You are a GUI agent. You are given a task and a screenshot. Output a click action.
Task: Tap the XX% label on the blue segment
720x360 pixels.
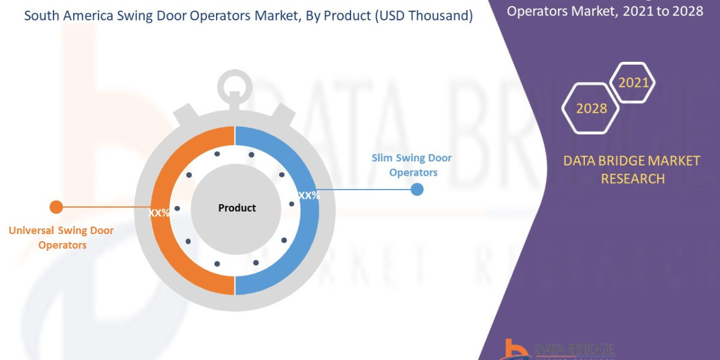[309, 196]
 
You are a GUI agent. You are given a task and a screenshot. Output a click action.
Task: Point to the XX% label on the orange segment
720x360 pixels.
[160, 212]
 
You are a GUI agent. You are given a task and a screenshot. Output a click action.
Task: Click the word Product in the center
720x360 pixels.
[236, 208]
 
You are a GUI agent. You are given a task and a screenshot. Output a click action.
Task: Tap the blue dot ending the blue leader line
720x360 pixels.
[417, 190]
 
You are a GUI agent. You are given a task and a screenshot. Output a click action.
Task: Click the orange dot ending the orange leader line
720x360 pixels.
[56, 207]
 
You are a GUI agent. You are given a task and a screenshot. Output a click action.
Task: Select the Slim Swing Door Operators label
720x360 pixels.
[412, 165]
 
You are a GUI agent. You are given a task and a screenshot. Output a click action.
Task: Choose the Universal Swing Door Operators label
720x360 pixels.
[61, 238]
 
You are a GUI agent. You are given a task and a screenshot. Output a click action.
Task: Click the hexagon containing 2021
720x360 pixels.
[633, 82]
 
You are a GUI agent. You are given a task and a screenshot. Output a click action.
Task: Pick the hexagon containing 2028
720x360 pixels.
[592, 109]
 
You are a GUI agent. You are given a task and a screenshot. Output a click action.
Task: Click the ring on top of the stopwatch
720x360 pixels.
[235, 86]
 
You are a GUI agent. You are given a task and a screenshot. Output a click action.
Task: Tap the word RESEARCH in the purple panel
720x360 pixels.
[632, 178]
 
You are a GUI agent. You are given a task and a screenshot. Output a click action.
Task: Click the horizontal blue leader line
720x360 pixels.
[366, 190]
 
